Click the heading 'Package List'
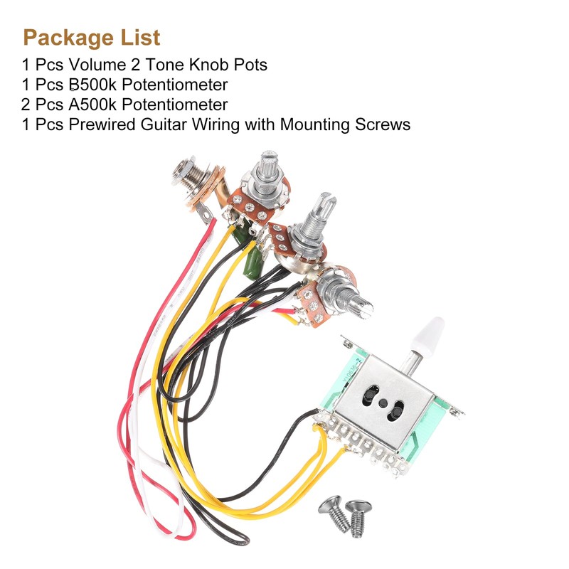tap(92, 37)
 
